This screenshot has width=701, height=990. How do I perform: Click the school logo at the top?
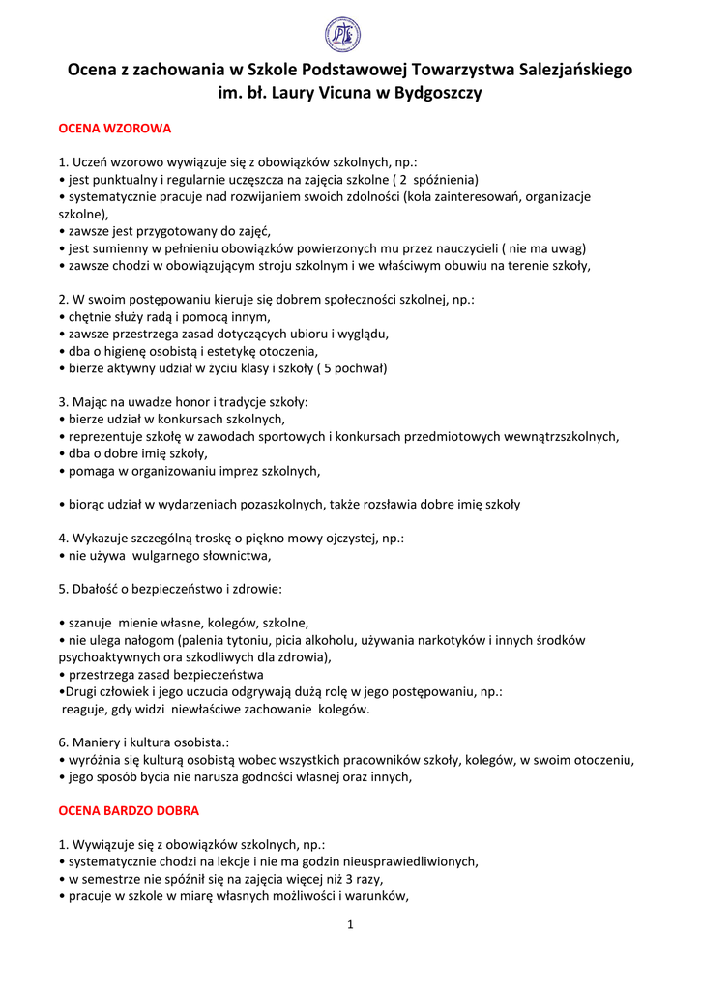tap(342, 36)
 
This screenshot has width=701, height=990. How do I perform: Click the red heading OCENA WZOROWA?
tap(115, 128)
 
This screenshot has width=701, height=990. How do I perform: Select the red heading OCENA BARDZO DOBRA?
tap(129, 810)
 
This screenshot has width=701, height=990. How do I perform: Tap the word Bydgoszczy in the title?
tap(433, 94)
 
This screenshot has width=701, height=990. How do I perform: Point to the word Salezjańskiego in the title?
tap(575, 70)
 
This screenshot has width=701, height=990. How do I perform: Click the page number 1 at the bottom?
tap(350, 925)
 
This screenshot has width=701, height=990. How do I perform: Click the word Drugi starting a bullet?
tap(80, 691)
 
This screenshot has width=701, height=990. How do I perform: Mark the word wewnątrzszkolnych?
tap(557, 436)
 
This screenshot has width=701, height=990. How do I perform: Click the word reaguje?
tap(88, 709)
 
